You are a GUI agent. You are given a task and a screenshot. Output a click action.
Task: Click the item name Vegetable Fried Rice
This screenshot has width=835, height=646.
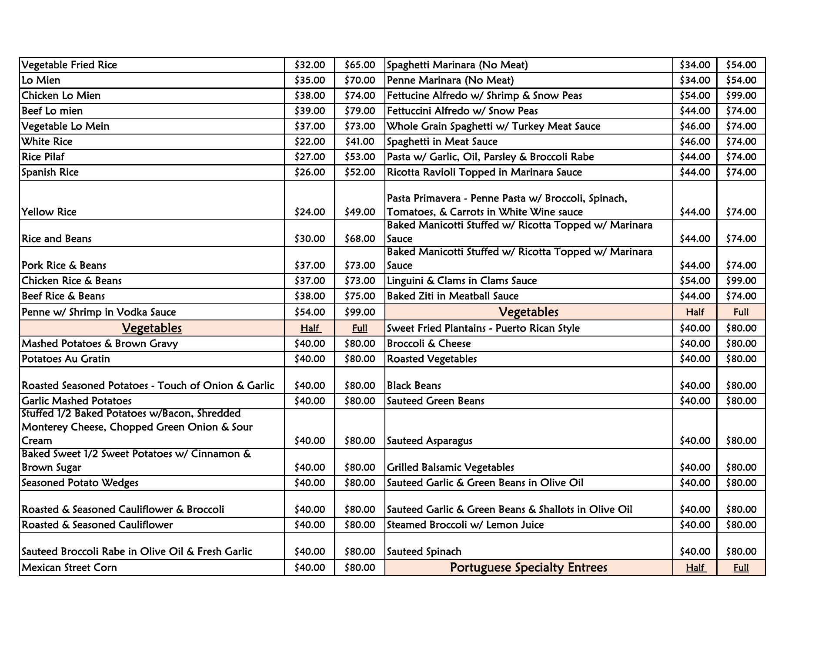tap(70, 65)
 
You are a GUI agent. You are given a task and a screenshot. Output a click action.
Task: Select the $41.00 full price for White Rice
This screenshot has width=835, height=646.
tap(360, 141)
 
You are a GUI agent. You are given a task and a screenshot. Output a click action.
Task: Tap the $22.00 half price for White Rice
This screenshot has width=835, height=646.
tap(310, 141)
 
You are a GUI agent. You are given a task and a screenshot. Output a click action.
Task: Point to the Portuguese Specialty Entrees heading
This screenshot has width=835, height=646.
tap(528, 568)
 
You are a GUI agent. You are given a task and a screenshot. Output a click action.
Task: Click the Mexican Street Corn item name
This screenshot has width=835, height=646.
tap(70, 568)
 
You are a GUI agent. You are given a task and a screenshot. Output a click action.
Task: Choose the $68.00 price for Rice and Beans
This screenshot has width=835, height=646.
tap(360, 239)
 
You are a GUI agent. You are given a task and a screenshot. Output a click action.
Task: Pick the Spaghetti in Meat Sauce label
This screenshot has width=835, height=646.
tap(442, 141)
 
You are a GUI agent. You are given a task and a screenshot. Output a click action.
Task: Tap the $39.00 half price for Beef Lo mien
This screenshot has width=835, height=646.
tap(310, 111)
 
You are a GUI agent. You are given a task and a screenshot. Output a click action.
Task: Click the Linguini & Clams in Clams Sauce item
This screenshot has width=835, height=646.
tap(462, 281)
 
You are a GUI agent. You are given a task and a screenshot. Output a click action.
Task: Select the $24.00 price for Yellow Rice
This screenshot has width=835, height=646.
tap(310, 212)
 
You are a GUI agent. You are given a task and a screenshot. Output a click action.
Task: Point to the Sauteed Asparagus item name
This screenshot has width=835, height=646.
tap(430, 441)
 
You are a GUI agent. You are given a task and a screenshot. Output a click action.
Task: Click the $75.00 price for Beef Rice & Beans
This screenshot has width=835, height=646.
tap(360, 296)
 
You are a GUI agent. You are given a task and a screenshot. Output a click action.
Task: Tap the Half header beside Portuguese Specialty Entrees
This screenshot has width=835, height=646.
tap(695, 568)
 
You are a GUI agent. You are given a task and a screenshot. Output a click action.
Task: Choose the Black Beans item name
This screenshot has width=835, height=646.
tap(414, 386)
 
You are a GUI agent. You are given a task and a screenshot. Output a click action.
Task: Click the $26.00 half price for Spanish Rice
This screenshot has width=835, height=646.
tap(310, 172)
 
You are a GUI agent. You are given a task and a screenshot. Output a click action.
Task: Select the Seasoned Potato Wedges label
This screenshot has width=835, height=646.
tap(80, 483)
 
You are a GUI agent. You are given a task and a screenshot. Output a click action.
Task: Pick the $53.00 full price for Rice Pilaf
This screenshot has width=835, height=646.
tap(360, 157)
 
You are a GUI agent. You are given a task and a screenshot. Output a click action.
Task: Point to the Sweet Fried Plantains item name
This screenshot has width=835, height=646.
tap(483, 328)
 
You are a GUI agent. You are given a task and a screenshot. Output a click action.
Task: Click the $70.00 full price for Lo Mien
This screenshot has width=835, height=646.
tap(360, 80)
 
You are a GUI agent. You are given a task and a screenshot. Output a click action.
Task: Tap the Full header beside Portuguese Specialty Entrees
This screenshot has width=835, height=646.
tap(741, 568)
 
